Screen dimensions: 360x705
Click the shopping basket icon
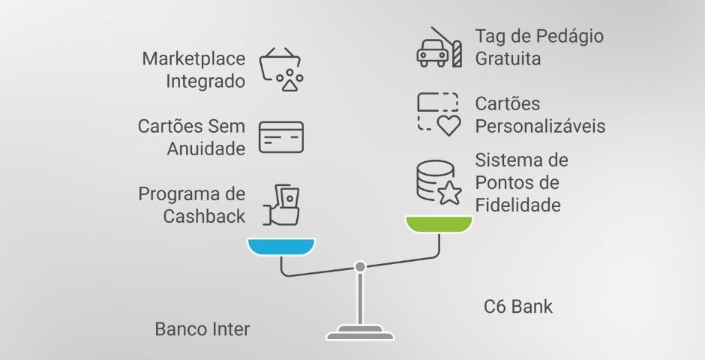281,69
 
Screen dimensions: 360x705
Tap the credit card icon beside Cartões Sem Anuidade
281,137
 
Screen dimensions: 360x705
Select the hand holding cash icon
282,204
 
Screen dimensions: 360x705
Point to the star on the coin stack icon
448,193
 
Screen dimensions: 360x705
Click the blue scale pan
281,247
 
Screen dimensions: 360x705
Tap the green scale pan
439,223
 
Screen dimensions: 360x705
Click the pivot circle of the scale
360,266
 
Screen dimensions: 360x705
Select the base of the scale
360,334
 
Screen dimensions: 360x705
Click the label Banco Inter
202,329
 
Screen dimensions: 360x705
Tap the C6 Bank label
518,306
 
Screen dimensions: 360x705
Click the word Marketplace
193,58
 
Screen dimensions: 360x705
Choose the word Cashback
203,217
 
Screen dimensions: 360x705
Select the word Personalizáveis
540,126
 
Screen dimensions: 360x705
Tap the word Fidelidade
518,205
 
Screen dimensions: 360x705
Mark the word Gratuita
508,58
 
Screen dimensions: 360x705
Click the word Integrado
205,81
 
